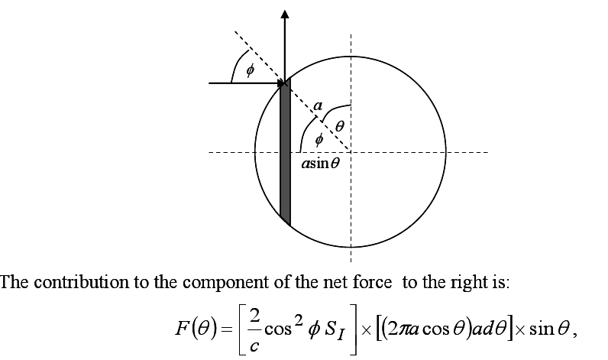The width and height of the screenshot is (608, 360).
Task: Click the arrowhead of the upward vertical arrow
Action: (285, 14)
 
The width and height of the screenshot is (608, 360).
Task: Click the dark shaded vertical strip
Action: (285, 152)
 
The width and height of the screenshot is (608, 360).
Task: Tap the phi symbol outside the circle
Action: (250, 70)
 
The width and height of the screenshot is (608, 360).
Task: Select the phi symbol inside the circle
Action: (319, 139)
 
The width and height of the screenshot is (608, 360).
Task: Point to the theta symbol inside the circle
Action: (339, 126)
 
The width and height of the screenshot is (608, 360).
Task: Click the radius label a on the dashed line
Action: (318, 105)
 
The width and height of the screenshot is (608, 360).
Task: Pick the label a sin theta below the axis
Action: (321, 164)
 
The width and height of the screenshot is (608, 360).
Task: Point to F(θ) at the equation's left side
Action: (196, 329)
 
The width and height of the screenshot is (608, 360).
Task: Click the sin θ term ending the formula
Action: (549, 329)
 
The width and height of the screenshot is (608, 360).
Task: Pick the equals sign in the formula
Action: (226, 329)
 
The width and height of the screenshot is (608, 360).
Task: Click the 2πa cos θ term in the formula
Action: (426, 329)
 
